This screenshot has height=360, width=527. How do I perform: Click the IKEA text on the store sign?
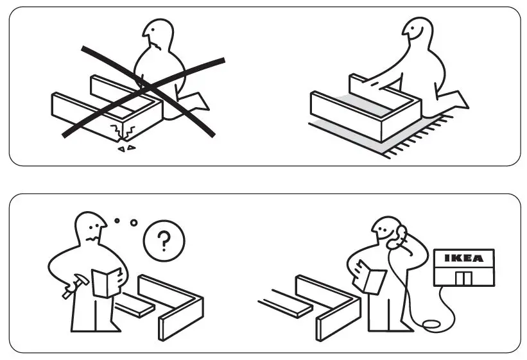tap(463, 258)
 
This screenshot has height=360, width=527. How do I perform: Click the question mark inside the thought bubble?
tap(164, 242)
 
